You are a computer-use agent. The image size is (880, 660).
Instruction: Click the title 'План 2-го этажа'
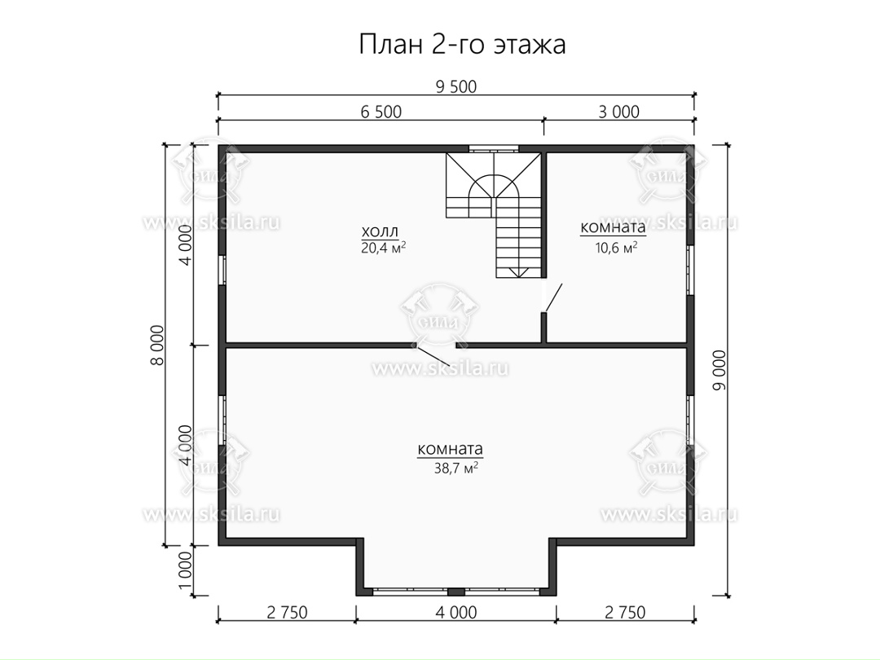click(462, 45)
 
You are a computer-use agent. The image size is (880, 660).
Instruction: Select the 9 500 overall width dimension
click(455, 87)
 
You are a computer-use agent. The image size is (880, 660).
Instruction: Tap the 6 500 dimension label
click(381, 112)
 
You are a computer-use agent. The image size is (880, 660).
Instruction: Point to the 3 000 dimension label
click(618, 112)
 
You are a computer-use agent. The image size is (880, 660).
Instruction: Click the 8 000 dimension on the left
click(158, 345)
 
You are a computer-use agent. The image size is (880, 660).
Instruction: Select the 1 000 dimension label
click(186, 570)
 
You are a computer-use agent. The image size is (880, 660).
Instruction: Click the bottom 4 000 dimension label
click(455, 612)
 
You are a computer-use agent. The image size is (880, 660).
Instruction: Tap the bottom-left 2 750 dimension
click(287, 612)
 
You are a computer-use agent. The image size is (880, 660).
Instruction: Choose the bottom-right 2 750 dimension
click(625, 612)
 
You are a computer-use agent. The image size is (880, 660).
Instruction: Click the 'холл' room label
click(380, 231)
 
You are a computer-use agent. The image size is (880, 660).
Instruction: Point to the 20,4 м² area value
click(383, 248)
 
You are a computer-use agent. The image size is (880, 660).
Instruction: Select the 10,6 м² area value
click(616, 248)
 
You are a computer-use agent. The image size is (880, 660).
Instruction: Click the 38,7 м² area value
click(455, 468)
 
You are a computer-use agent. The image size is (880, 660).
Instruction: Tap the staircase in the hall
click(493, 215)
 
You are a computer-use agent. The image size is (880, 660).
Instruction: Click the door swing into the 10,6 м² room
click(552, 297)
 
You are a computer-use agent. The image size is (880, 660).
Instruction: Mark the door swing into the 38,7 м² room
click(433, 354)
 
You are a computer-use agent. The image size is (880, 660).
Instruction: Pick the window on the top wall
click(494, 149)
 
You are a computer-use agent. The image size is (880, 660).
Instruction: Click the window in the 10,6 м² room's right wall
click(690, 270)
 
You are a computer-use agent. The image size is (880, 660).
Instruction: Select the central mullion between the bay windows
click(455, 592)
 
